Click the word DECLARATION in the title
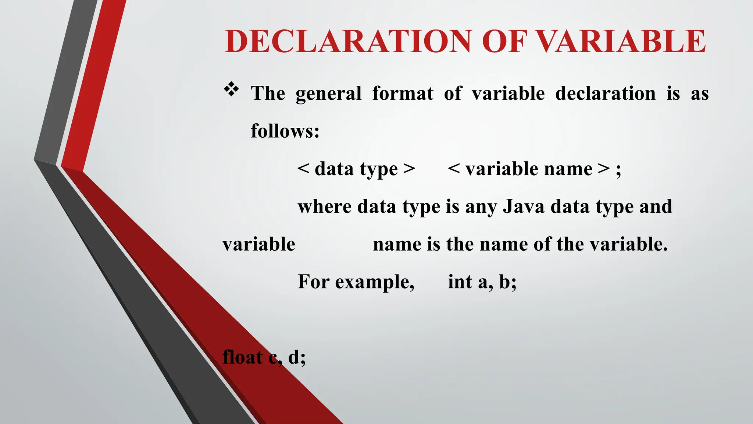click(348, 41)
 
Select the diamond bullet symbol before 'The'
click(231, 90)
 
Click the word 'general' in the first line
click(328, 93)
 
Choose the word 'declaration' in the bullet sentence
click(605, 93)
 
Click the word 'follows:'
click(285, 131)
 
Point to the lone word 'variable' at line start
click(259, 244)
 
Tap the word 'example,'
click(375, 283)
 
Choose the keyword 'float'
click(243, 357)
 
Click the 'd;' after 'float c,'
click(297, 357)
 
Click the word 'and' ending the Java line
click(656, 206)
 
